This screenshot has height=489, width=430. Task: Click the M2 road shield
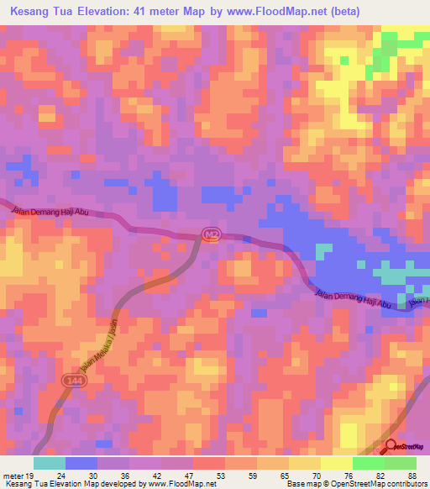tap(211, 236)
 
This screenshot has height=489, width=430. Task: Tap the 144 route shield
tap(72, 381)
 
